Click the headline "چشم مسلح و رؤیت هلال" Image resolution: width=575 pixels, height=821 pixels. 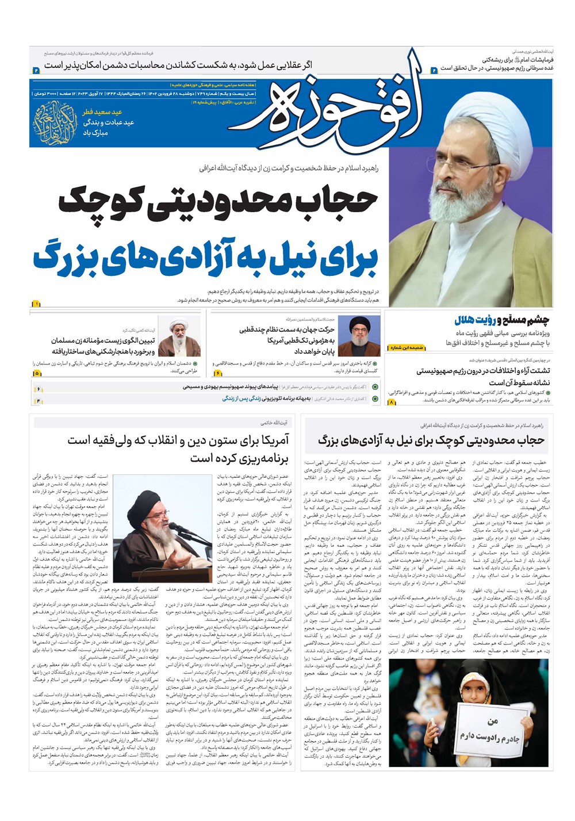point(501,320)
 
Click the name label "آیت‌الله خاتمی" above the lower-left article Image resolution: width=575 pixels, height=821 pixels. point(274,423)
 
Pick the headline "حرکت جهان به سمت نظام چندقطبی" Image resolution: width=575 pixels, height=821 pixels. point(287,330)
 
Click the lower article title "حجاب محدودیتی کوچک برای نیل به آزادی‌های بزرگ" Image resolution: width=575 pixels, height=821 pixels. point(431,440)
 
